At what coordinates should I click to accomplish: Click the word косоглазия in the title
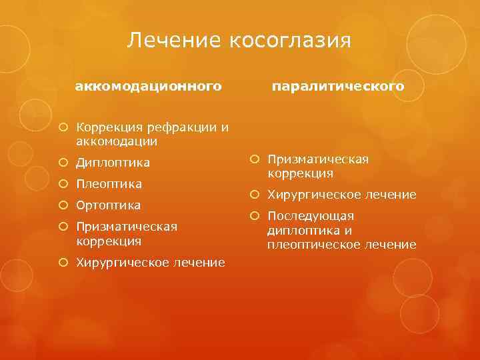(x=290, y=41)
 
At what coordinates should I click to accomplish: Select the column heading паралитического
(x=338, y=87)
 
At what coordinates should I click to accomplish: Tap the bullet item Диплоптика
(x=113, y=163)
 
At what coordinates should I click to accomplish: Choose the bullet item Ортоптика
(x=108, y=205)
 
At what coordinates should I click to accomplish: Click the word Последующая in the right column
(x=311, y=217)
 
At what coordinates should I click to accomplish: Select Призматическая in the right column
(x=318, y=159)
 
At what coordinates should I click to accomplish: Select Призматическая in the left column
(x=127, y=227)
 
